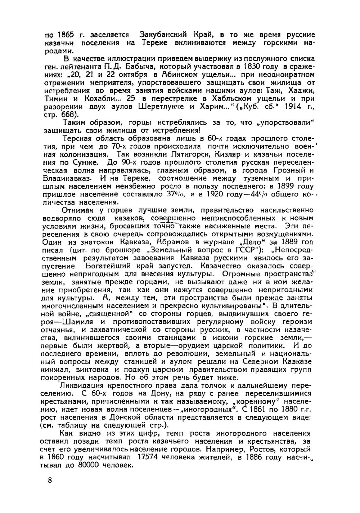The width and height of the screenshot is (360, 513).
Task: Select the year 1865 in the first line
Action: coord(66,35)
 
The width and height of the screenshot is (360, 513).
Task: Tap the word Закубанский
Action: coord(163,35)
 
